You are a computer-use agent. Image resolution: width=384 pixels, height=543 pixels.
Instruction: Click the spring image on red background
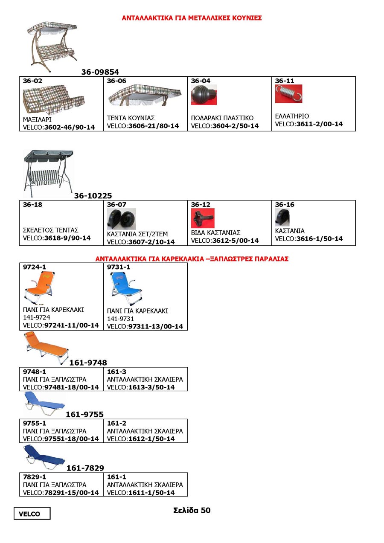(288, 94)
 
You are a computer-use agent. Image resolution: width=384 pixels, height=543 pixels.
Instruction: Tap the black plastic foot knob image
(204, 95)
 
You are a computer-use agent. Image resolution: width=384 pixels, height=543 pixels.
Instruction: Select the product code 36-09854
(100, 72)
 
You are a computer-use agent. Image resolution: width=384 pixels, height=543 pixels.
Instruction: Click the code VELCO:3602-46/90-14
(59, 127)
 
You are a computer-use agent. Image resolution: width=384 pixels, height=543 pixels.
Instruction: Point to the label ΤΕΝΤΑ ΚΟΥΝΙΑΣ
(131, 118)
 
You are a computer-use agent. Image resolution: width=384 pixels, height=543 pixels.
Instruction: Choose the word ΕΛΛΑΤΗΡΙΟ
(292, 116)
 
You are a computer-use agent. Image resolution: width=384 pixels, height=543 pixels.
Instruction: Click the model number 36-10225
(93, 196)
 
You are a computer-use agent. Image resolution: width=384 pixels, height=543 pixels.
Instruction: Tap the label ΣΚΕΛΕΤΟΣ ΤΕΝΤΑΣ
(50, 230)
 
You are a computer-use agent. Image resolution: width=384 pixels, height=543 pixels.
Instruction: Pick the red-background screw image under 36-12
(203, 218)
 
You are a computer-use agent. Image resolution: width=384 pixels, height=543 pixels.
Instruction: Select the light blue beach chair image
(125, 288)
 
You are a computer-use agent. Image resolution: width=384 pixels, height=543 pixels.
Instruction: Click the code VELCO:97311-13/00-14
(145, 326)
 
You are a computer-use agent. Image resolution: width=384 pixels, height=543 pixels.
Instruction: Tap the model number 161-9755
(84, 414)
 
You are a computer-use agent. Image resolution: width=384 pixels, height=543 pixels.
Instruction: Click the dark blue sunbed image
(44, 456)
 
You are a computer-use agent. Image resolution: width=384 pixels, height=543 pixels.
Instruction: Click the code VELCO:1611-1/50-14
(141, 493)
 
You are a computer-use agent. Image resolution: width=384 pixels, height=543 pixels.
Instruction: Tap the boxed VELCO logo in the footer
(32, 514)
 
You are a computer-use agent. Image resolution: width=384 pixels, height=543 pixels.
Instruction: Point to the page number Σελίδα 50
(192, 510)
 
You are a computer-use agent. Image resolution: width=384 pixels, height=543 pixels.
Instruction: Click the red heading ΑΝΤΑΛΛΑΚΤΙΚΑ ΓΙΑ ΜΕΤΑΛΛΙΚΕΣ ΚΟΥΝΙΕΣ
(192, 18)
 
